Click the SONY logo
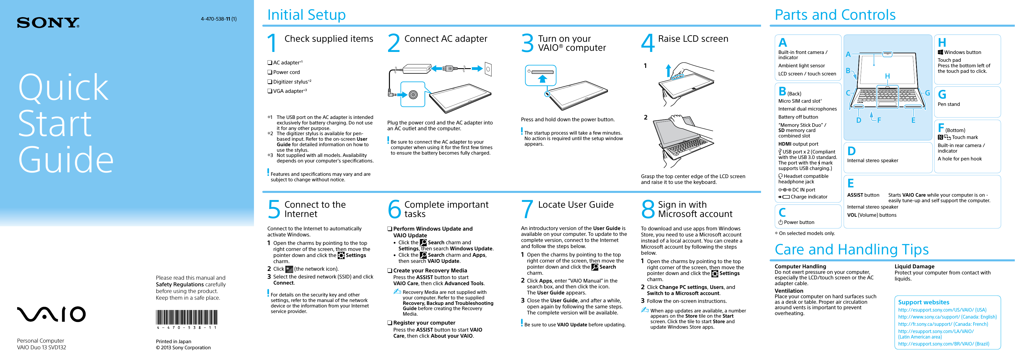(48, 23)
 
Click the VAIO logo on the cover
(51, 314)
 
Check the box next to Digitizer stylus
(270, 82)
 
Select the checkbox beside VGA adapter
(270, 91)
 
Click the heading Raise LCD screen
(693, 39)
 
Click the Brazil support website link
(943, 344)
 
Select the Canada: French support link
(943, 324)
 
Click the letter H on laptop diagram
(887, 76)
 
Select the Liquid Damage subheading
(914, 266)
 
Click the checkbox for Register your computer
(389, 323)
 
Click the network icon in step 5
(289, 269)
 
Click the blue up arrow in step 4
(668, 71)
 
